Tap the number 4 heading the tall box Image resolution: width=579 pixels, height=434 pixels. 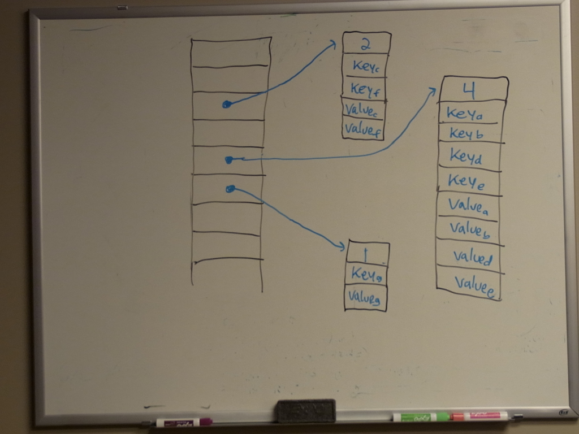(x=469, y=89)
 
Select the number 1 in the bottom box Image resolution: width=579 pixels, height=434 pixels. (x=366, y=253)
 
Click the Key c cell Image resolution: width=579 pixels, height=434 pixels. (x=365, y=66)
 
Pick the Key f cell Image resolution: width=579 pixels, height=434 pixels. (x=365, y=89)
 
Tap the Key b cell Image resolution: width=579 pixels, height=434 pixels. (x=466, y=133)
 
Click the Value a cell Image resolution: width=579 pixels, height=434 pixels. (x=468, y=205)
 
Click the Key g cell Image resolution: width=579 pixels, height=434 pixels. (x=366, y=275)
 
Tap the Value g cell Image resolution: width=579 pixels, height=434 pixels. (x=364, y=297)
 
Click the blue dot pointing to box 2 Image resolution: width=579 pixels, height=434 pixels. (x=226, y=104)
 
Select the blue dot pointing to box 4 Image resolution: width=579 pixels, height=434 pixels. (x=229, y=160)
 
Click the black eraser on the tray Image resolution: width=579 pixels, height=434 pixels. (x=305, y=411)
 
